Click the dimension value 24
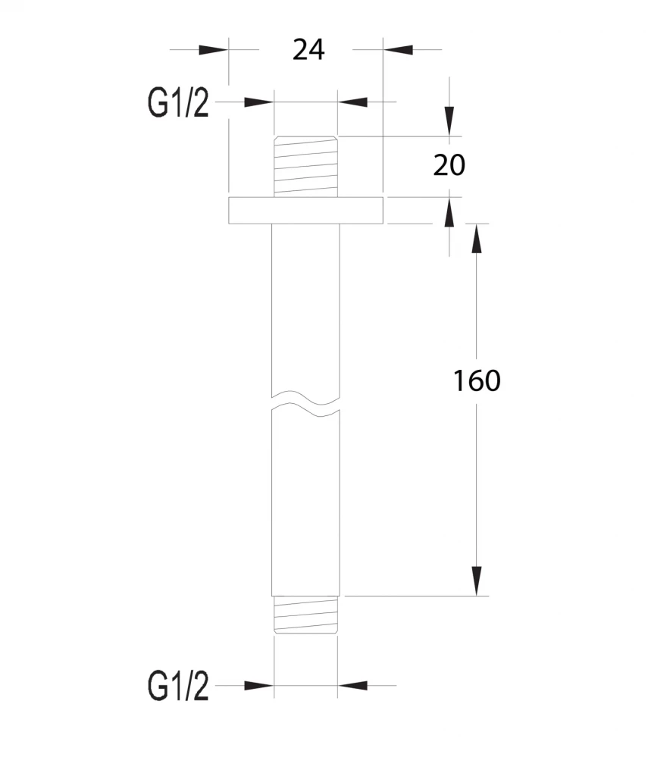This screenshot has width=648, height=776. pyautogui.click(x=308, y=50)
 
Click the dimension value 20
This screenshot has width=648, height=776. pyautogui.click(x=449, y=165)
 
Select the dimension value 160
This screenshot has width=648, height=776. pyautogui.click(x=477, y=380)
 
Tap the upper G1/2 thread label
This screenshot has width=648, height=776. pyautogui.click(x=178, y=103)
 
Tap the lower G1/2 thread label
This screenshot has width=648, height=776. pyautogui.click(x=178, y=686)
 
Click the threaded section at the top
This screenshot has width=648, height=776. pyautogui.click(x=306, y=167)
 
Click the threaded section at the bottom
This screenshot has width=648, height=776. pyautogui.click(x=306, y=614)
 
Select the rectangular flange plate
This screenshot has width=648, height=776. pyautogui.click(x=306, y=211)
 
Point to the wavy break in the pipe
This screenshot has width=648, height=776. pyautogui.click(x=306, y=402)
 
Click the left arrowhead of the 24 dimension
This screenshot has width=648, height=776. pyautogui.click(x=214, y=50)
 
